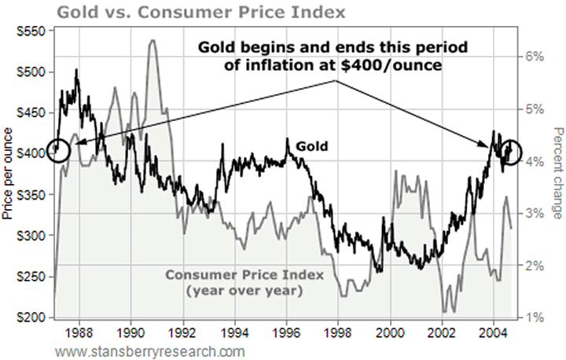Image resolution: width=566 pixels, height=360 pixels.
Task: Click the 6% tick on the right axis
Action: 535,57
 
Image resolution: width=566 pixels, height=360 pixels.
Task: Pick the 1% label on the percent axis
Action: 535,318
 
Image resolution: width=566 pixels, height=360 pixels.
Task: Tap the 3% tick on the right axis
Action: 535,213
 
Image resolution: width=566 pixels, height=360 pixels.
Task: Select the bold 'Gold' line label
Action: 312,145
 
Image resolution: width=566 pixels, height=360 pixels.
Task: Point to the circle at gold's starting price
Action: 58,149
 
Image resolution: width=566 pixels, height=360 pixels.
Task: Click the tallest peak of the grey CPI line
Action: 152,41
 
